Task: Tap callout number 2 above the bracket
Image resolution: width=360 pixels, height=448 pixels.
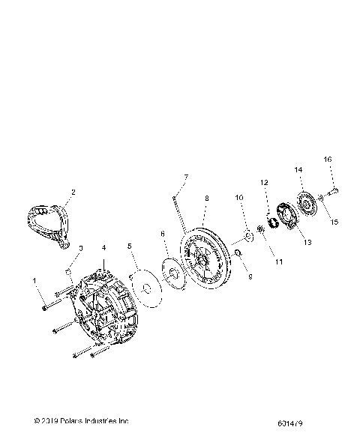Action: pos(73,192)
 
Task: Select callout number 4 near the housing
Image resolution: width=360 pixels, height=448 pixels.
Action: pos(104,247)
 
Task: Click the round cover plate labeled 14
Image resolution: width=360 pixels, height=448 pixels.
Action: pos(304,205)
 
